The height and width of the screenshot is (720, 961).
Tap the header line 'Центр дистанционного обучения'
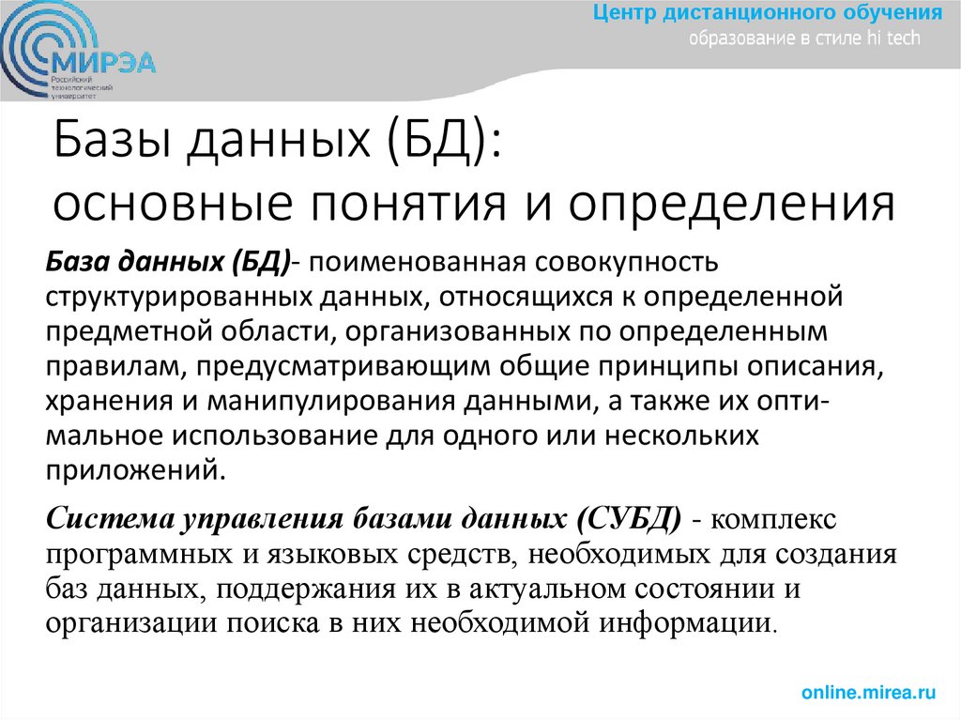coord(768,13)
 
